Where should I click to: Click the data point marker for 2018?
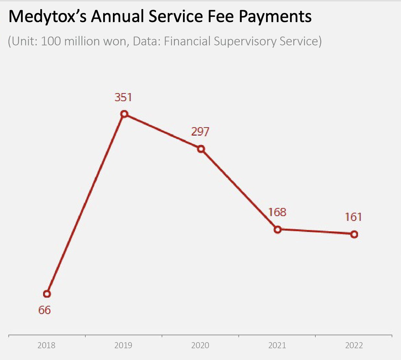tap(47, 294)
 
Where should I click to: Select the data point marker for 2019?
tap(124, 114)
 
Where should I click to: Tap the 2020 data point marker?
tap(201, 149)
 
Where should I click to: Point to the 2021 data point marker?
tap(277, 230)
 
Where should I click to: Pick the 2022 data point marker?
tap(354, 234)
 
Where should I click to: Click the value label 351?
tap(123, 97)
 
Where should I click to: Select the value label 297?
tap(200, 132)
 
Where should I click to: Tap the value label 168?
tap(277, 212)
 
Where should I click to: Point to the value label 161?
tap(353, 217)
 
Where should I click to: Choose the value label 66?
tap(44, 310)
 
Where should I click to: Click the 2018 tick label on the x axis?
tap(46, 345)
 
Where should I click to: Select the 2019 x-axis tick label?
tap(123, 345)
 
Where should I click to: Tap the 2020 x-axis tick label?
tap(200, 345)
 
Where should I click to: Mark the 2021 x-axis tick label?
tap(277, 345)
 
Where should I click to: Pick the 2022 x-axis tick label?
tap(354, 345)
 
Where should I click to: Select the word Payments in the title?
tap(275, 17)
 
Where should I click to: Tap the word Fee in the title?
tap(221, 16)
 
